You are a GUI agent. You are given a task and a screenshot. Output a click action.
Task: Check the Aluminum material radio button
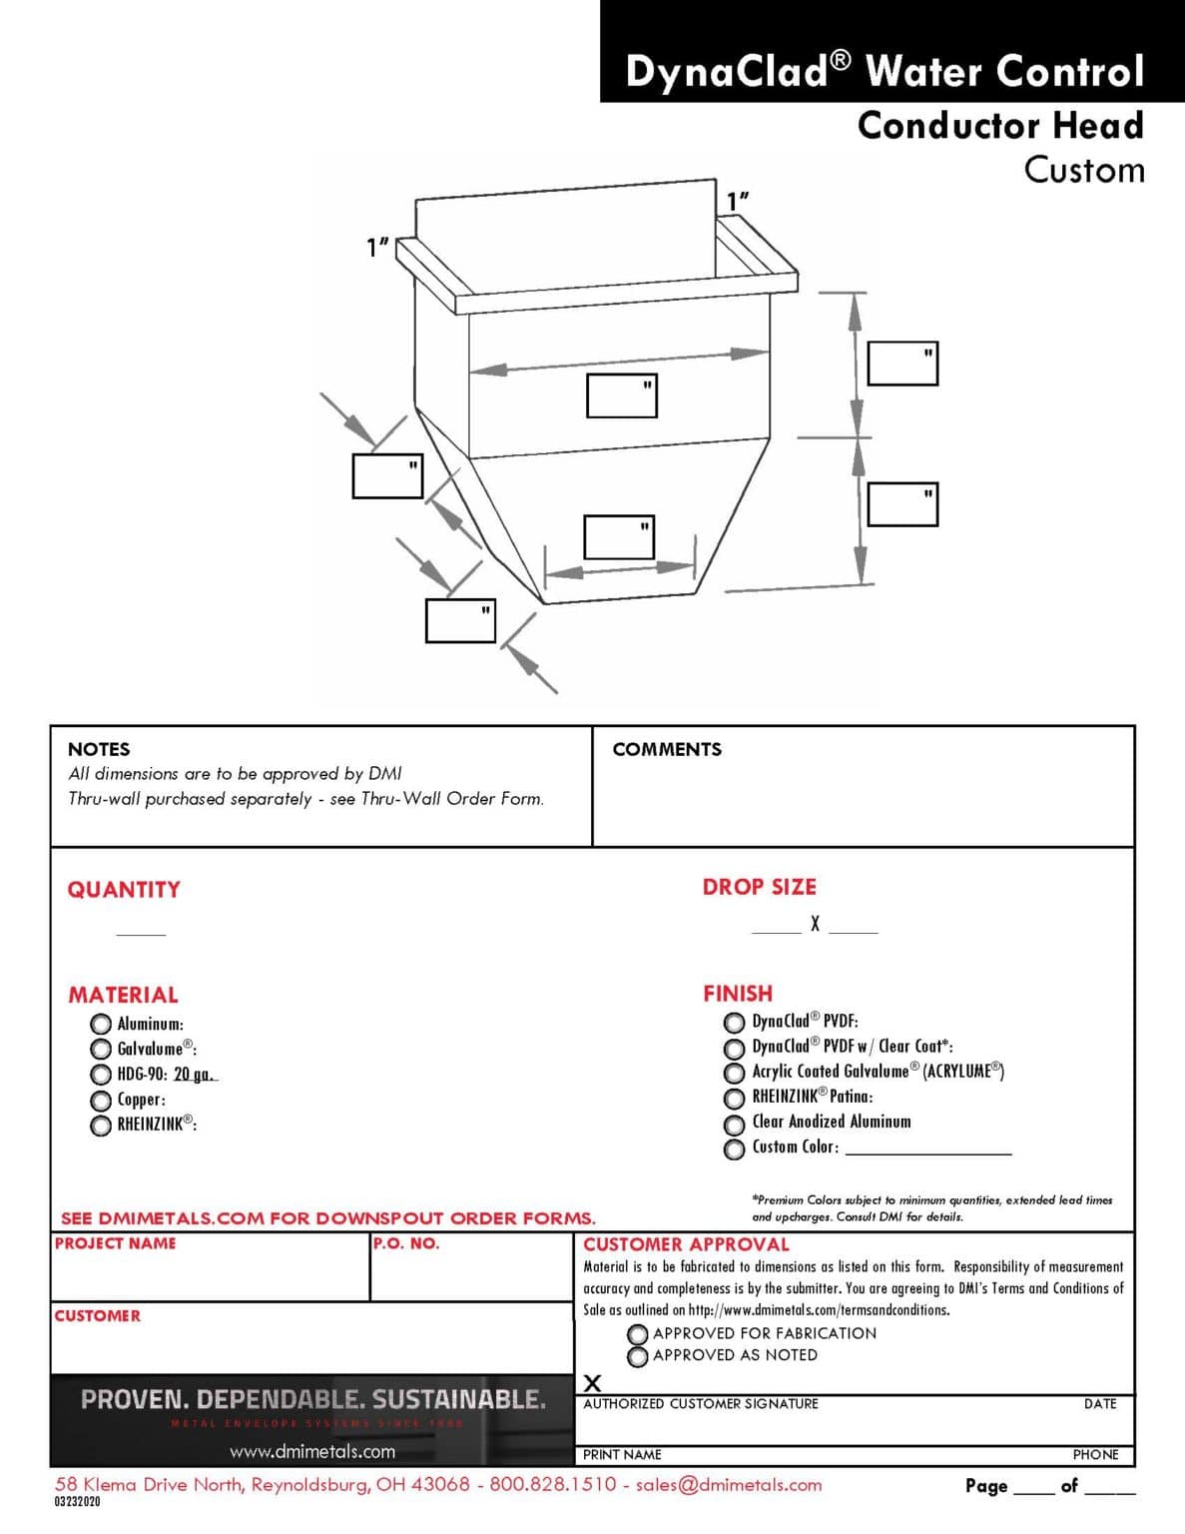(x=101, y=1024)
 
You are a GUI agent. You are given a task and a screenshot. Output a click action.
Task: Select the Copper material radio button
(x=101, y=1100)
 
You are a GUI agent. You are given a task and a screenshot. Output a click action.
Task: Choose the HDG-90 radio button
(x=101, y=1075)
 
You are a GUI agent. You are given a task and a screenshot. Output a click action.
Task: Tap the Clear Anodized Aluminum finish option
(x=734, y=1124)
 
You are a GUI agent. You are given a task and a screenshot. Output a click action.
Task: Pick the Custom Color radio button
(x=734, y=1149)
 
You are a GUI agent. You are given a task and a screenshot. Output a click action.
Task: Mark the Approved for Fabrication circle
(x=638, y=1334)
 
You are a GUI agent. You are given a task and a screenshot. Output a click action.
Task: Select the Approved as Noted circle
(x=638, y=1356)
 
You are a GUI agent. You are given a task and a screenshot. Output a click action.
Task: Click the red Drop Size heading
(x=759, y=887)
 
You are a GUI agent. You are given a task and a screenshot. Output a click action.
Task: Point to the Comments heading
(x=666, y=749)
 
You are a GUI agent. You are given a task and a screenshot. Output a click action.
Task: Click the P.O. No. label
(x=406, y=1243)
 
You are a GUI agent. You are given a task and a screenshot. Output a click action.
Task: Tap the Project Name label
(x=115, y=1243)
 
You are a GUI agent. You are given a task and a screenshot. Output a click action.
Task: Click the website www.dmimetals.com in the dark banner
(x=312, y=1451)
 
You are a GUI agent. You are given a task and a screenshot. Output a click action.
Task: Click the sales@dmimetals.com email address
(x=729, y=1484)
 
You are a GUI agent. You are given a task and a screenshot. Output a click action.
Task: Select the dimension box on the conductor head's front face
(x=621, y=395)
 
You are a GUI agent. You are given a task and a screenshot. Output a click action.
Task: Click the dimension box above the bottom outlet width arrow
(x=619, y=537)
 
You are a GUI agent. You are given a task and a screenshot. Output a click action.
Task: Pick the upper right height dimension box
(x=902, y=364)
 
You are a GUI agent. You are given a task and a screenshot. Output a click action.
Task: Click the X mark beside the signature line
(x=592, y=1383)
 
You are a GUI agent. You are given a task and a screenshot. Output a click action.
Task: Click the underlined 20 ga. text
(x=195, y=1075)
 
